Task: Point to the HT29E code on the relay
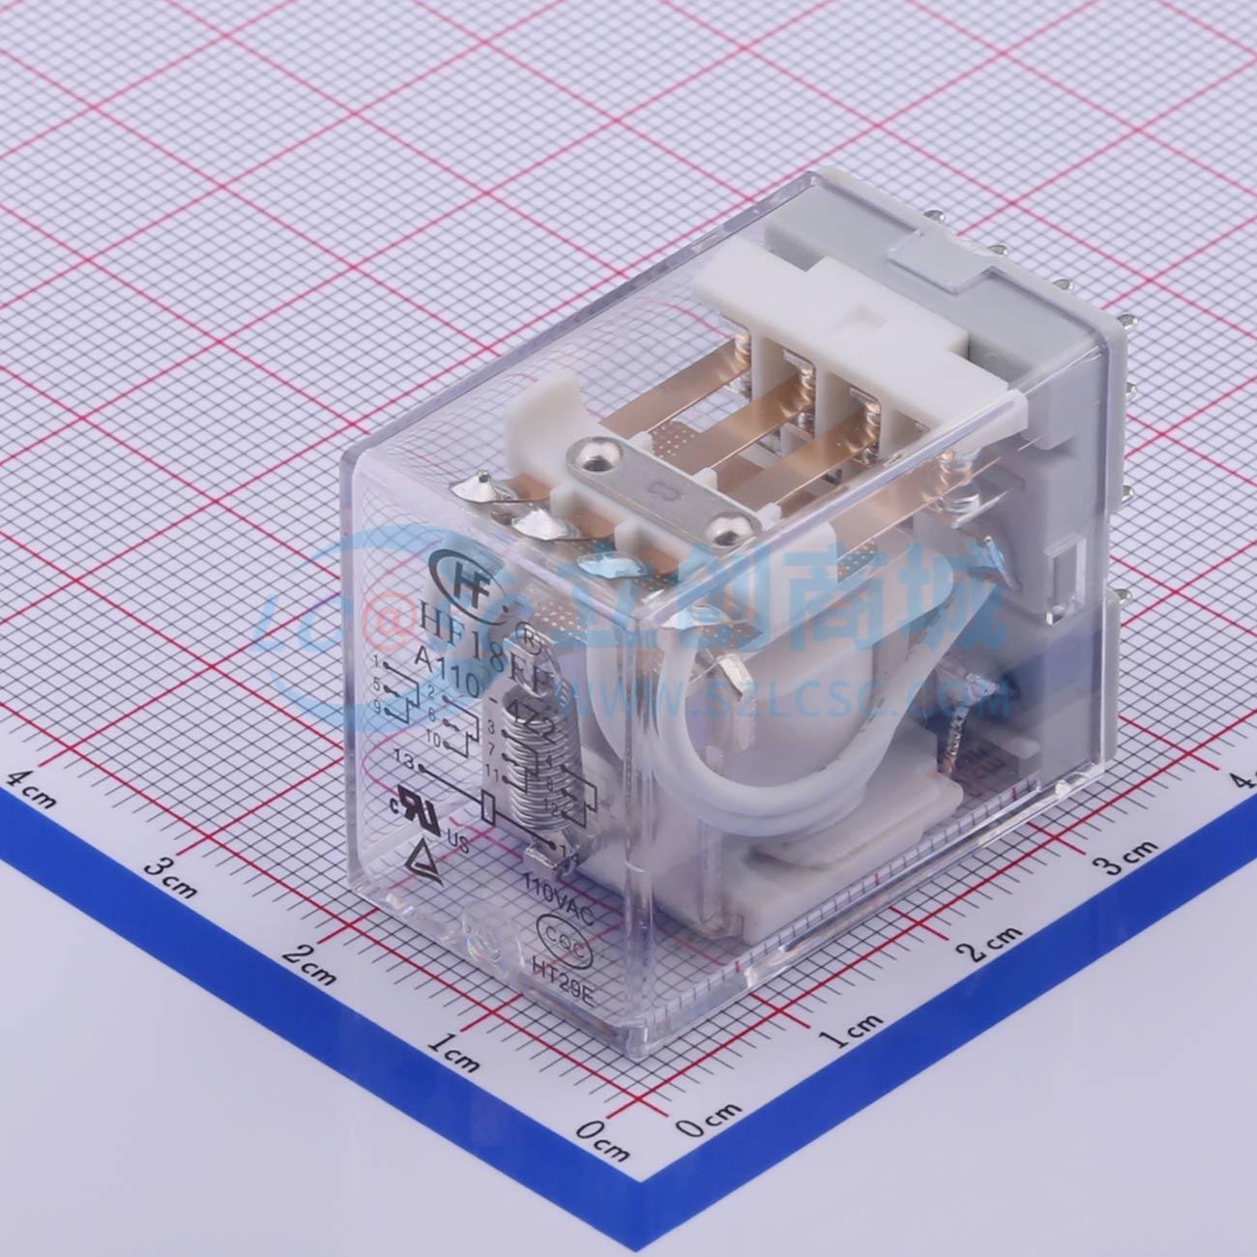click(x=563, y=968)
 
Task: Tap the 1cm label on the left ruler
click(x=455, y=1052)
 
